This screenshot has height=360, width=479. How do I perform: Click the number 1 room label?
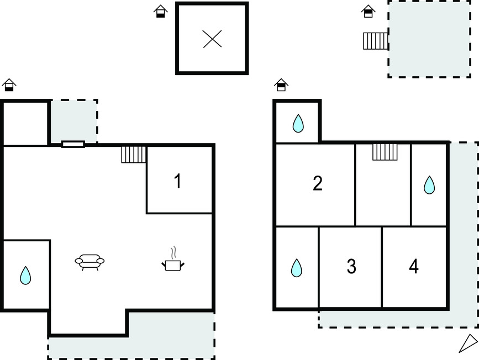(x=178, y=181)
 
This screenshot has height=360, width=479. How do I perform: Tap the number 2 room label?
(x=318, y=183)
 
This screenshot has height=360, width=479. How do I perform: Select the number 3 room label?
(x=351, y=266)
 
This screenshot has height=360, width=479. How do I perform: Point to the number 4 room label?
(x=414, y=266)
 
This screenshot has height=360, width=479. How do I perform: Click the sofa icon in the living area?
(x=90, y=262)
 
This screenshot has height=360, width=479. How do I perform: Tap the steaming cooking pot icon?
(x=173, y=260)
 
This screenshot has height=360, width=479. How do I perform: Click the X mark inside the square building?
(x=212, y=39)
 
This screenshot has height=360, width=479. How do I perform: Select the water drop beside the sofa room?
(x=25, y=276)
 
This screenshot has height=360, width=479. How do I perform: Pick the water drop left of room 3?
(x=297, y=268)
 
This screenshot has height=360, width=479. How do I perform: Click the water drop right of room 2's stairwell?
(x=429, y=185)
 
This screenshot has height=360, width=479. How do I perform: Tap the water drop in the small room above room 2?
(x=298, y=123)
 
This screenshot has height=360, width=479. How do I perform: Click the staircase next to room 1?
(x=134, y=155)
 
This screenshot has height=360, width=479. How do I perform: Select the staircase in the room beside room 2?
(x=385, y=152)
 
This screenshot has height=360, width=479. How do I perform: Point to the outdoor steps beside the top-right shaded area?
(x=376, y=41)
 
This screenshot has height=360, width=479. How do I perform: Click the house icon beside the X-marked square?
(x=161, y=11)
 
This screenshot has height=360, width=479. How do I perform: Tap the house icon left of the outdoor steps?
(x=368, y=11)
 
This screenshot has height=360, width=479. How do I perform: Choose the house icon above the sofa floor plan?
(x=9, y=85)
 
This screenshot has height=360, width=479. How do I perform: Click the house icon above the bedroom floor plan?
(x=281, y=85)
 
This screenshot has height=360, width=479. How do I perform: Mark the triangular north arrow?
(x=469, y=343)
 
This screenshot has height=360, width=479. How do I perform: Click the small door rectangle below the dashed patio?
(x=73, y=144)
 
